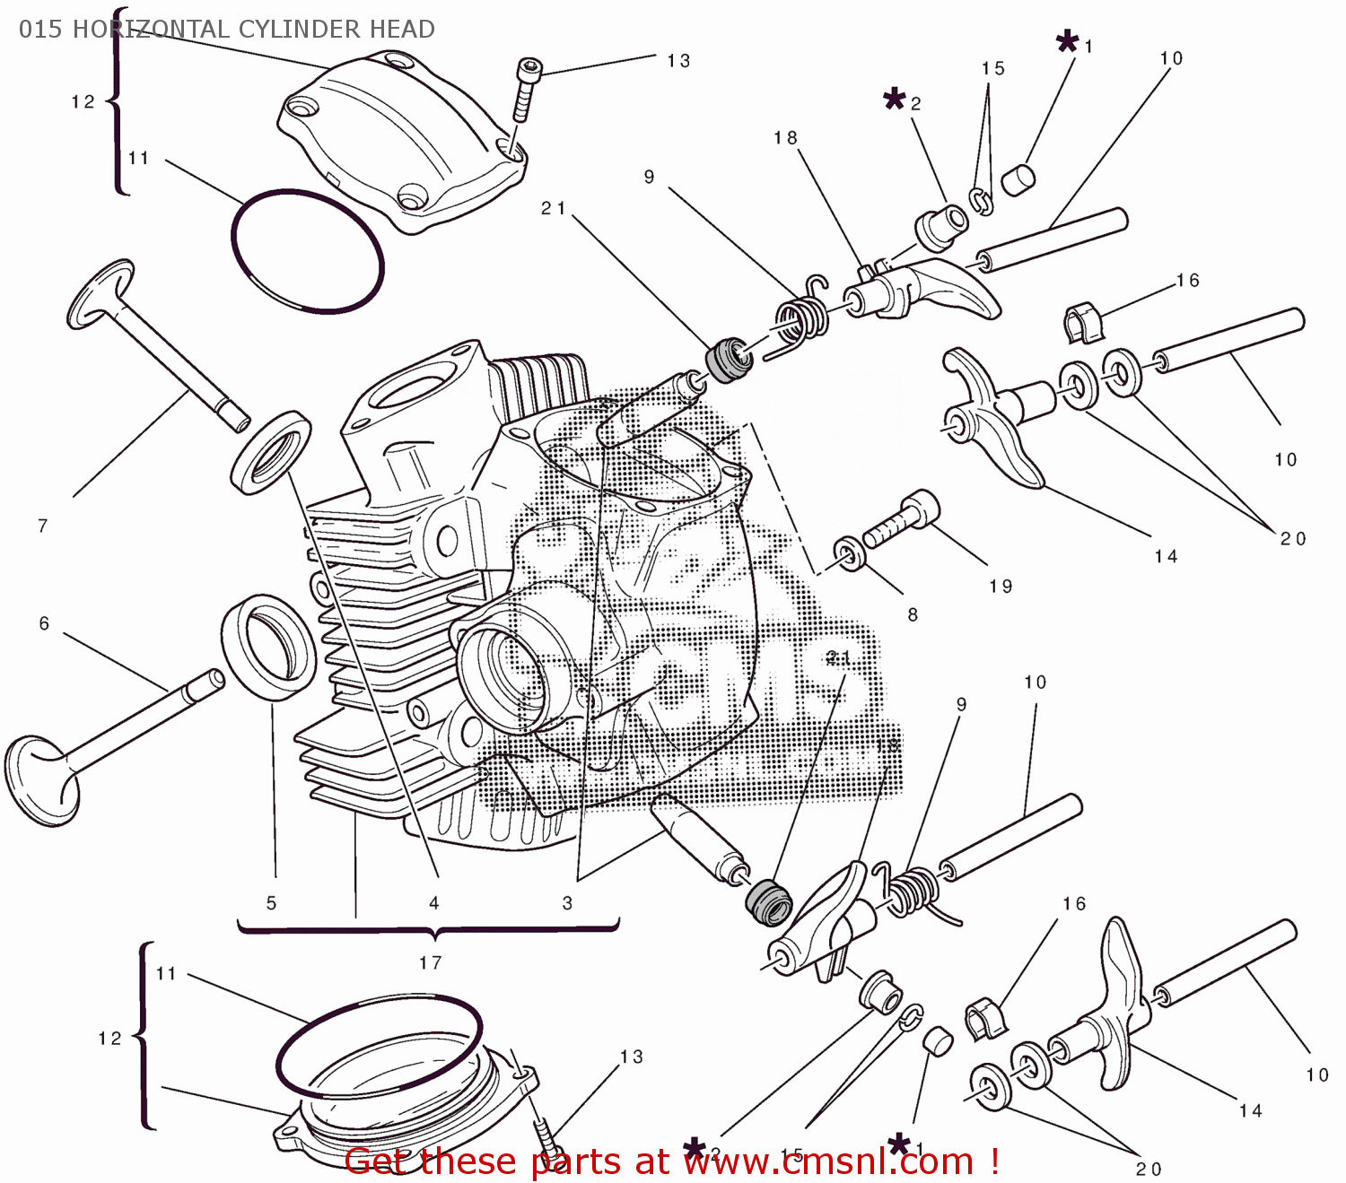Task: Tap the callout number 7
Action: click(42, 526)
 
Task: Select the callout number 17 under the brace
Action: click(431, 962)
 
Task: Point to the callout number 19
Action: click(1001, 587)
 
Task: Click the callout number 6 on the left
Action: click(44, 623)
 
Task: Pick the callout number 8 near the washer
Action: click(913, 615)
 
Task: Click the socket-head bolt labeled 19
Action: click(902, 521)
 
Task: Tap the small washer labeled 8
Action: click(850, 553)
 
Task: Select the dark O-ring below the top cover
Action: click(308, 251)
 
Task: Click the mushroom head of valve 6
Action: click(40, 780)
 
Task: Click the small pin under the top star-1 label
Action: click(1018, 179)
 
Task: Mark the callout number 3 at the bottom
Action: click(567, 903)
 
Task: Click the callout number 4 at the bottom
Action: click(434, 903)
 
